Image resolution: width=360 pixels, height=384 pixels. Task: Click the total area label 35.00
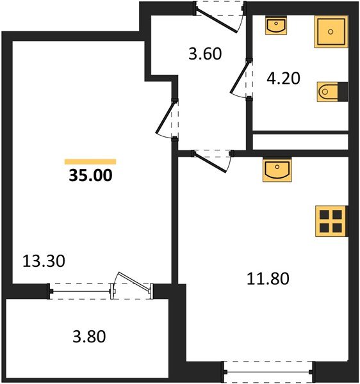pyautogui.click(x=90, y=175)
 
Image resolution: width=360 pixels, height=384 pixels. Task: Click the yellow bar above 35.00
pyautogui.click(x=90, y=162)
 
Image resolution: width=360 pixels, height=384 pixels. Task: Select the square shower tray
pyautogui.click(x=331, y=31)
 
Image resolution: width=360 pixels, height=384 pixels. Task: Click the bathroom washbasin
pyautogui.click(x=277, y=26)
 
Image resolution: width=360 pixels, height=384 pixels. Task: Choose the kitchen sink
pyautogui.click(x=277, y=170)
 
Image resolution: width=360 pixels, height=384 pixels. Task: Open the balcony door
pyautogui.click(x=132, y=287)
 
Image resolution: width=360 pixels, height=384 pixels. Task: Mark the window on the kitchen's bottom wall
pyautogui.click(x=268, y=370)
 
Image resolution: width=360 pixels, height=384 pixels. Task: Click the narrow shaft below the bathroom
pyautogui.click(x=299, y=141)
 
